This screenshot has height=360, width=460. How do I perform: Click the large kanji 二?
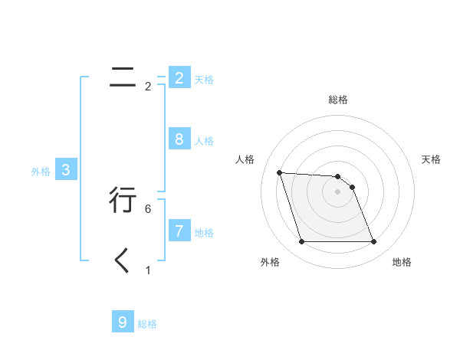click(123, 77)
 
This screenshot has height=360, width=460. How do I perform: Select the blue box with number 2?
click(179, 77)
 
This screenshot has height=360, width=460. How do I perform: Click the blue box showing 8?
click(179, 139)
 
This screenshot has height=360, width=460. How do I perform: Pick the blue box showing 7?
click(179, 231)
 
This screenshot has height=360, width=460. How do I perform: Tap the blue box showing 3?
click(66, 170)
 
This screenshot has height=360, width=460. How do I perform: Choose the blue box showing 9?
click(122, 322)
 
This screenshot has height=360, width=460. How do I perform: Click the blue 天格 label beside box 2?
click(204, 80)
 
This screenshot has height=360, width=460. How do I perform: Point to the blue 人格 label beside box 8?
click(204, 141)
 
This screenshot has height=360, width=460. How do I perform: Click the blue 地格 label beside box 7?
click(204, 233)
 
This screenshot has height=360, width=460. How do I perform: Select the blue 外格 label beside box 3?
click(41, 172)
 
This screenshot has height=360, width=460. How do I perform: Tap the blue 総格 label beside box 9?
click(147, 325)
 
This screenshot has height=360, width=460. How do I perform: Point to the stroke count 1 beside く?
click(148, 270)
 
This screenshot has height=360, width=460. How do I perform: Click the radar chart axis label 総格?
click(338, 100)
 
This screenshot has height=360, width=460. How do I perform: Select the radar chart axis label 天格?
click(431, 159)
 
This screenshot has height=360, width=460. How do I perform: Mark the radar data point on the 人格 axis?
click(279, 172)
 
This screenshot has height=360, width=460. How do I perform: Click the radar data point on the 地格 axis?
click(374, 242)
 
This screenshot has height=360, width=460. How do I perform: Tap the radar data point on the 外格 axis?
click(301, 242)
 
